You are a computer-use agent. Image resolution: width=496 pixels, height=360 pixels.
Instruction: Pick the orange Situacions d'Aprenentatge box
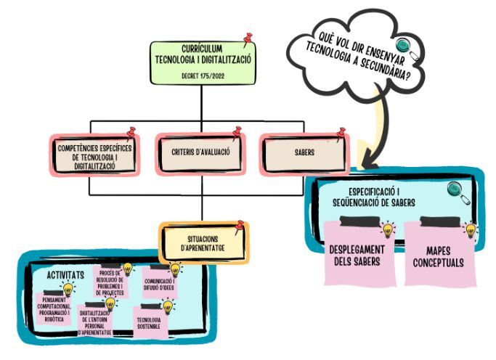[x=203, y=243]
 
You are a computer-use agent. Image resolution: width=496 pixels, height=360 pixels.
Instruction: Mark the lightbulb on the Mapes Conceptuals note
[x=470, y=231]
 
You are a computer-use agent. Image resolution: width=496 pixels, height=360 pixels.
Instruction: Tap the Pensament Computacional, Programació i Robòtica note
[x=60, y=306]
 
